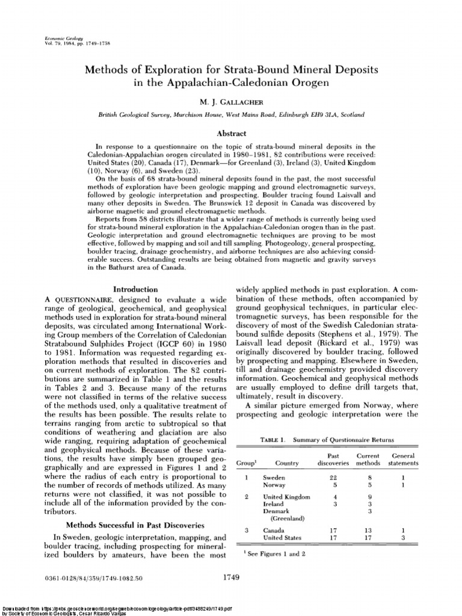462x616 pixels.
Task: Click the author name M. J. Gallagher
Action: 230,102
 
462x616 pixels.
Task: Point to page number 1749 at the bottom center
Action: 231,578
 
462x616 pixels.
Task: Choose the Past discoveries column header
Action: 333,460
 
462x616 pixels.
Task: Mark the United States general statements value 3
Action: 403,538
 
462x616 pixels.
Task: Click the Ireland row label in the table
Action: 275,504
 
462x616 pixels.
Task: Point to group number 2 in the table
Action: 246,496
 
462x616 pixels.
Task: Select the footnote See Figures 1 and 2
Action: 271,554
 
